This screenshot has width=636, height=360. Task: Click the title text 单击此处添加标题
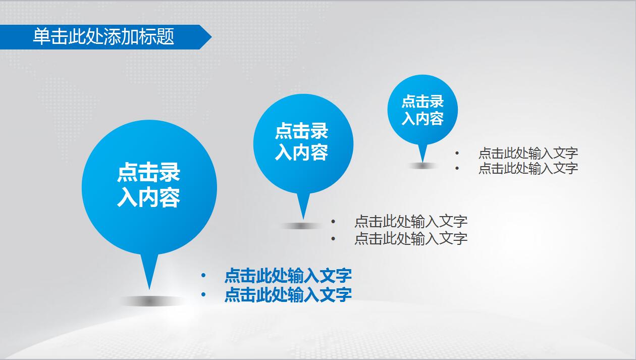[x=103, y=37]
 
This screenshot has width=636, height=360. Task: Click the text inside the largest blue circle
[x=149, y=185]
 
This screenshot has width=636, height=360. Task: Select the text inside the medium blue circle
[x=302, y=142]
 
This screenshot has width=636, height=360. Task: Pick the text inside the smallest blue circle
[x=422, y=110]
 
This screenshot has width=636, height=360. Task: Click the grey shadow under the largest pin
[x=149, y=301]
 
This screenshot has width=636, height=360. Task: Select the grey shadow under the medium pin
[x=301, y=226]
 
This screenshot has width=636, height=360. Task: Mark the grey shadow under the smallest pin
[x=422, y=166]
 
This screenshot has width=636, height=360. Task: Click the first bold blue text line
[x=288, y=276]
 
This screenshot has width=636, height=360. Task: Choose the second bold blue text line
[x=288, y=294]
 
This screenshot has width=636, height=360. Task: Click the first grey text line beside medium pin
[x=411, y=221]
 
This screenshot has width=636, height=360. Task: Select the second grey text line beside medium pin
[x=411, y=238]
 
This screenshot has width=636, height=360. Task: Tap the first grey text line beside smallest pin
[x=528, y=153]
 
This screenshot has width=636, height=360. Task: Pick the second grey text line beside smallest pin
[x=528, y=168]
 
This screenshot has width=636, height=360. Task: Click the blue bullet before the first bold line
[x=203, y=276]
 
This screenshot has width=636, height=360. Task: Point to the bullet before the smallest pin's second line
[x=457, y=168]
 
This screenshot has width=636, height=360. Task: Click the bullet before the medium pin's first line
[x=333, y=221]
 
